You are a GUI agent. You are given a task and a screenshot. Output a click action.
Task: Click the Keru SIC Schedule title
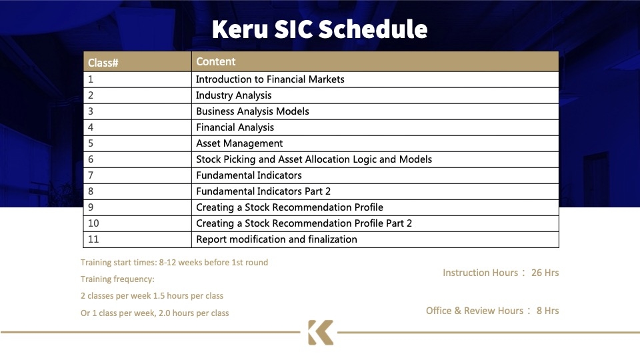tap(319, 29)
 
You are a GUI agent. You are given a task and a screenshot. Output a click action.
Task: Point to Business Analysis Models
tap(252, 111)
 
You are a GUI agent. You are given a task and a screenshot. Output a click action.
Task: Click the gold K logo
tap(321, 332)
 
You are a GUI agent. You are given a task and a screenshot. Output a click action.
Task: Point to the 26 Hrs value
tap(545, 273)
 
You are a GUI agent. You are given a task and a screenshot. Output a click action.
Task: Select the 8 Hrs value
tap(548, 311)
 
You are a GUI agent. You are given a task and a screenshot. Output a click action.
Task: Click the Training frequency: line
tap(117, 279)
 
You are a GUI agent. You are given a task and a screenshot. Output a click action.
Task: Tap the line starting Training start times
tap(174, 263)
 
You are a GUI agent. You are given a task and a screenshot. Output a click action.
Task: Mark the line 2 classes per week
tap(152, 296)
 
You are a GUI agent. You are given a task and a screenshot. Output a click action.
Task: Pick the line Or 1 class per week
tap(155, 313)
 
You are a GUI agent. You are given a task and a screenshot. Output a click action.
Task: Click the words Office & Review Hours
tap(474, 311)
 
